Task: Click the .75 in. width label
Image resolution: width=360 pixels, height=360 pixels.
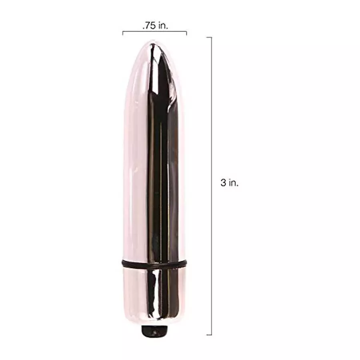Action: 155,25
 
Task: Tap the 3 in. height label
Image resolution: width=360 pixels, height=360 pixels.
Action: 229,183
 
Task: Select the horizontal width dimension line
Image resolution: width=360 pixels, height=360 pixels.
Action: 154,32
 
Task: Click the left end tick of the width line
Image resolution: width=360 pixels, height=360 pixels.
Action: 123,33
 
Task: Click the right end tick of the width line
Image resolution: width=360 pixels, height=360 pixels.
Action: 186,33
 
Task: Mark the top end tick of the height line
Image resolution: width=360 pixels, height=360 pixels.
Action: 209,37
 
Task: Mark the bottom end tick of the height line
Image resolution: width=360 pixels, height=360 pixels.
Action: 209,334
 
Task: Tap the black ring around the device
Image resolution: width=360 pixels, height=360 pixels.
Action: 154,264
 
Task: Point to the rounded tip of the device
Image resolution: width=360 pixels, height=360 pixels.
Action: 154,46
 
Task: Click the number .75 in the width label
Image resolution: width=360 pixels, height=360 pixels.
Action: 149,25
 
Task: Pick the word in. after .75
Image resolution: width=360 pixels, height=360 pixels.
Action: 163,25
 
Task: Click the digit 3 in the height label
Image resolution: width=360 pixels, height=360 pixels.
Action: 222,183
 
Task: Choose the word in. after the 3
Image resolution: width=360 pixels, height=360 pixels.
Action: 233,183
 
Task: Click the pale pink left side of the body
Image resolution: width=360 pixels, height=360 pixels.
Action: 132,160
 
